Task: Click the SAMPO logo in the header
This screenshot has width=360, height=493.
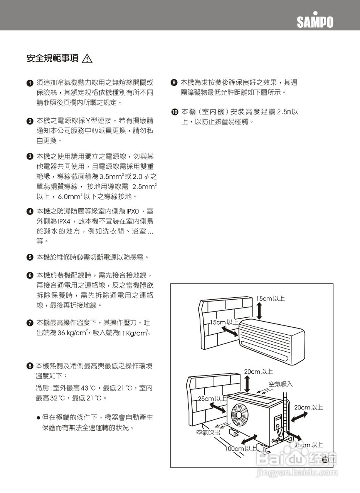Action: pos(315,21)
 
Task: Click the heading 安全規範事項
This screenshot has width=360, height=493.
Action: pos(52,59)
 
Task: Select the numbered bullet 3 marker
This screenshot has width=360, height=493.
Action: pos(29,157)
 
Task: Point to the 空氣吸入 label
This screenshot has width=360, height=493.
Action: pos(281,384)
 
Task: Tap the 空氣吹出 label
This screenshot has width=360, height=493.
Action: pos(208,433)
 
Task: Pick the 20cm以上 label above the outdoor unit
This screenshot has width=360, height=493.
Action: pos(258,372)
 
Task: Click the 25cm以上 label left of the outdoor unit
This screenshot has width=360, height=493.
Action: pos(212,399)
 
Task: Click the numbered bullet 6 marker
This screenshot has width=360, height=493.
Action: pos(29,275)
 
